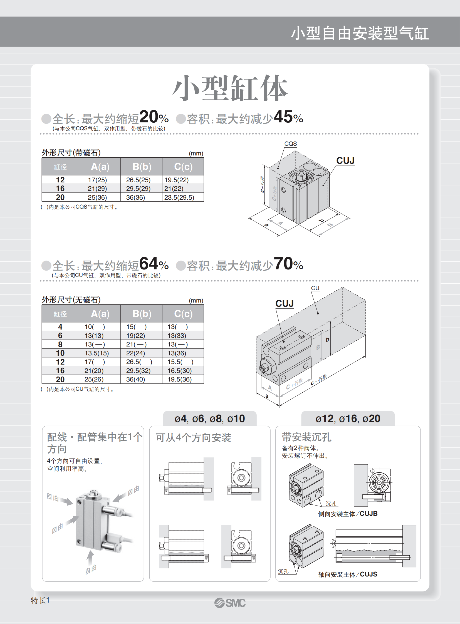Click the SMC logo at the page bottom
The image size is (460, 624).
(x=230, y=603)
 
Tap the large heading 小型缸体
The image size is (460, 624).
(x=230, y=88)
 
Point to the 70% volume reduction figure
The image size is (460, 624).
(x=288, y=264)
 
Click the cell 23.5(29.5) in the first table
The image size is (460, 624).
(x=179, y=197)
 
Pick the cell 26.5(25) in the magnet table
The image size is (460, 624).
(x=139, y=180)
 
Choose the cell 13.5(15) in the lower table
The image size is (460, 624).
(x=97, y=353)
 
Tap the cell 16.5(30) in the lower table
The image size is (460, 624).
(x=180, y=371)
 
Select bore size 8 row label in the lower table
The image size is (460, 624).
(x=60, y=345)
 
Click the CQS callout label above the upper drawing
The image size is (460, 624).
(x=290, y=144)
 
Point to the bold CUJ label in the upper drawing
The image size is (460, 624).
(x=345, y=161)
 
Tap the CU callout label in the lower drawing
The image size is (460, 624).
(x=315, y=288)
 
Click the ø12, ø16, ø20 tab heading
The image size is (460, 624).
(x=348, y=419)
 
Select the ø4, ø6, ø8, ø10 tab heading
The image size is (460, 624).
(x=210, y=419)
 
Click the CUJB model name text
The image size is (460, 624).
(x=369, y=513)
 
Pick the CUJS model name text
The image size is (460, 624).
(x=369, y=574)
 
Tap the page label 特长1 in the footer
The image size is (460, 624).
(x=40, y=600)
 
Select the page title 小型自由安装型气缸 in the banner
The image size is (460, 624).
(x=360, y=33)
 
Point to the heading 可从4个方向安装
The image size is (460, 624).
(x=193, y=438)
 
